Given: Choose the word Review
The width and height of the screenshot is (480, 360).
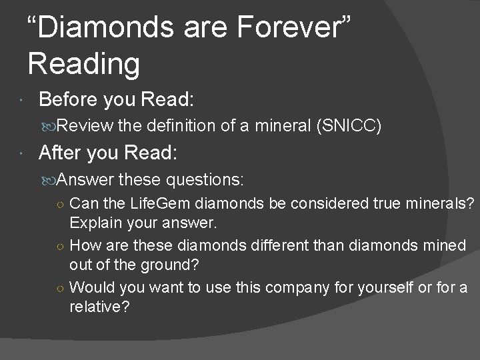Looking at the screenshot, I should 86,125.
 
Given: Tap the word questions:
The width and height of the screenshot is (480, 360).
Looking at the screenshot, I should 206,179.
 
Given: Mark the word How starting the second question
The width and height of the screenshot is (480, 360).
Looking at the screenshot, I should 85,245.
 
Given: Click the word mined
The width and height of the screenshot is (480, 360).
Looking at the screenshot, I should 445,245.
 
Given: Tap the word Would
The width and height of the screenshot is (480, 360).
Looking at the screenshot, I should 90,287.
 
